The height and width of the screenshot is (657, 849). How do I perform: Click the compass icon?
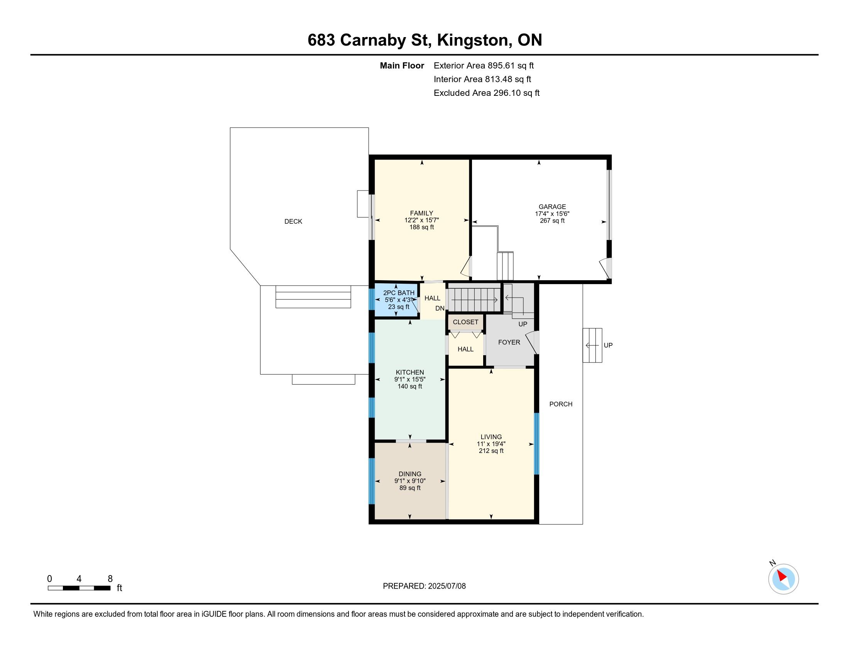[x=783, y=579]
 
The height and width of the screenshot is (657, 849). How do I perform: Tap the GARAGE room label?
[x=552, y=207]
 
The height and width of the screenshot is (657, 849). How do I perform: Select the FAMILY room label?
[x=421, y=213]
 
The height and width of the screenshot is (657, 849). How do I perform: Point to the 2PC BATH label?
[x=399, y=293]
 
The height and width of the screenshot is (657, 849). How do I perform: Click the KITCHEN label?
[x=410, y=373]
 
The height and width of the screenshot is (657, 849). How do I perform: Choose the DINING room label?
[x=410, y=474]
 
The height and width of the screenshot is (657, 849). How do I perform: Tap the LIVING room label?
[x=491, y=437]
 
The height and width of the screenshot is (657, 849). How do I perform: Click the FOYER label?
[x=509, y=342]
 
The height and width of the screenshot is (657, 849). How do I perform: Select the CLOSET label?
[x=465, y=322]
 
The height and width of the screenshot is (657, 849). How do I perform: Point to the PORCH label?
[x=561, y=404]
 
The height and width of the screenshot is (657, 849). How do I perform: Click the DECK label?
[x=293, y=221]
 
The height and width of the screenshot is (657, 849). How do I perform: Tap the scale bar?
[x=79, y=588]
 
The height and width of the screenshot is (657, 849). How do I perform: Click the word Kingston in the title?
[x=472, y=40]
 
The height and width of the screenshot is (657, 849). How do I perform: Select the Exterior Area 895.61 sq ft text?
[x=484, y=66]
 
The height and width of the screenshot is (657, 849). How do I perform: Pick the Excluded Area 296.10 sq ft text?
[x=486, y=93]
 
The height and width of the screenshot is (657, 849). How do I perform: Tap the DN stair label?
[x=440, y=309]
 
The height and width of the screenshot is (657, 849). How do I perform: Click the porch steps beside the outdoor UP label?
[x=592, y=345]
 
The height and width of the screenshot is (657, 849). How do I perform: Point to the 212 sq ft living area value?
[x=491, y=451]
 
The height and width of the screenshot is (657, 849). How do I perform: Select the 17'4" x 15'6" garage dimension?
[x=552, y=214]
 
